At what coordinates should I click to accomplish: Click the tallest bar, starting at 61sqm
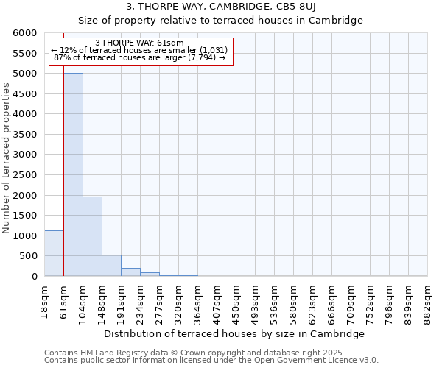pyautogui.click(x=73, y=174)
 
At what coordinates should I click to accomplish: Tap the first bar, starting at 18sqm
pyautogui.click(x=54, y=253)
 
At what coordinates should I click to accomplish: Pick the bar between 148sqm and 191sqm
pyautogui.click(x=111, y=266)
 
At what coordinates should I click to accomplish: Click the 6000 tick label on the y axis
pyautogui.click(x=24, y=33)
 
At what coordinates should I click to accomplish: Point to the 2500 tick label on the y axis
pyautogui.click(x=24, y=175)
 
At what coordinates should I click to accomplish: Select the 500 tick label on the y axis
pyautogui.click(x=27, y=256)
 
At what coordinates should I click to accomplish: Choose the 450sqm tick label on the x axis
pyautogui.click(x=236, y=302)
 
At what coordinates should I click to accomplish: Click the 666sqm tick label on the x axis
pyautogui.click(x=331, y=302)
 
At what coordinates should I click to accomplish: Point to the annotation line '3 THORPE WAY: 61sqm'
pyautogui.click(x=140, y=43)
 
